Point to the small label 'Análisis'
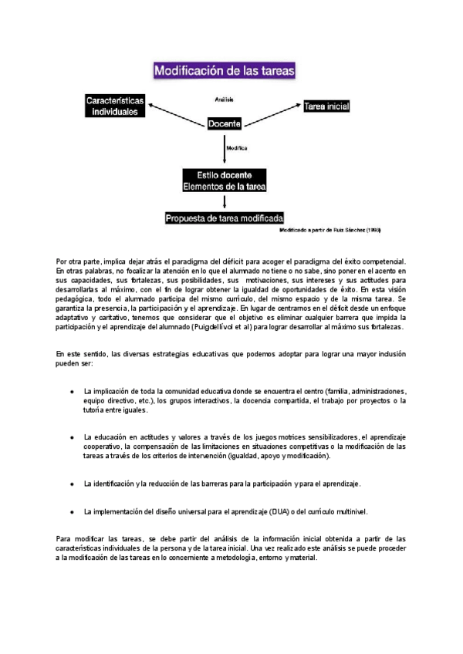pos(224,99)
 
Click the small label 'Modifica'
pos(237,147)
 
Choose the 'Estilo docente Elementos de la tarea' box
pos(224,180)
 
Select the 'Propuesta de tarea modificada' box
pos(225,218)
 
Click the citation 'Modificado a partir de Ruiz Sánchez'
pos(330,230)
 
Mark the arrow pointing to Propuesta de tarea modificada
pos(225,202)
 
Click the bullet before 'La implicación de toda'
pos(72,392)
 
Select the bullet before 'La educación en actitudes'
pos(72,437)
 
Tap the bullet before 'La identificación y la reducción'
pos(72,484)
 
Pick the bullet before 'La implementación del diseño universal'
pos(72,512)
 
